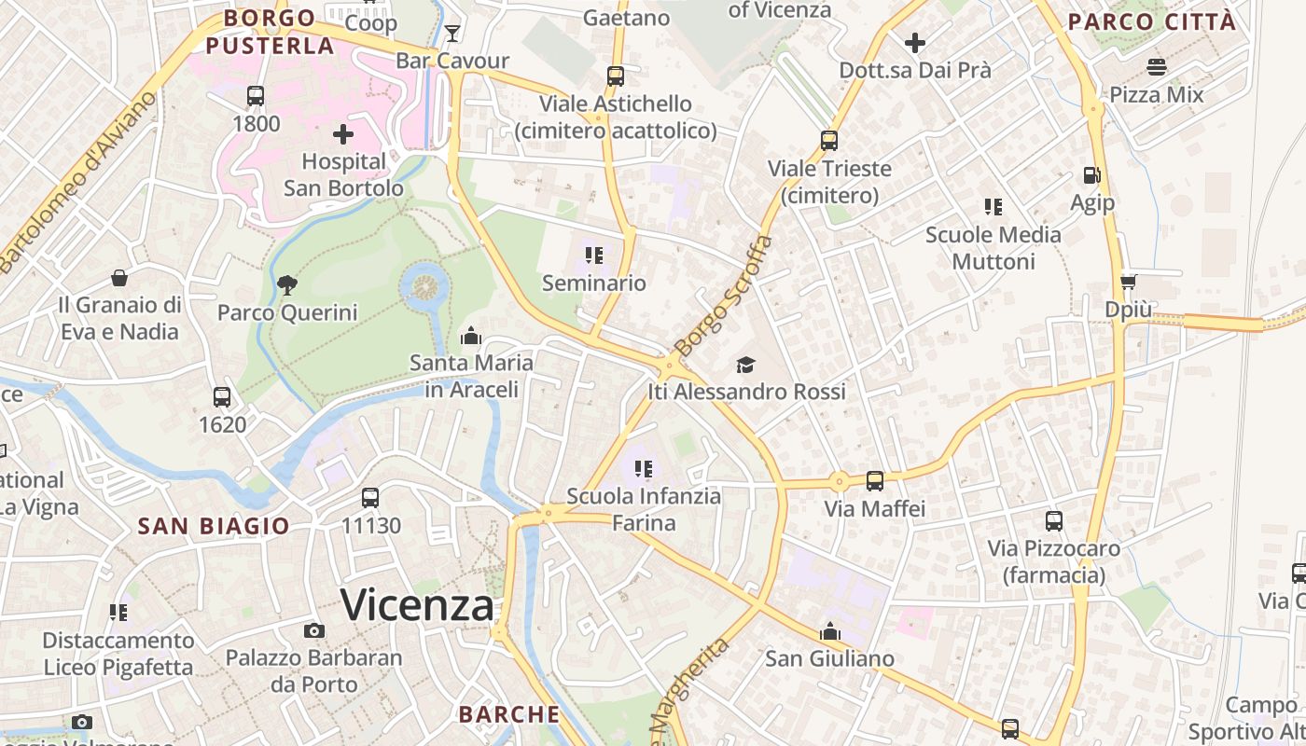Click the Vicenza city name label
pos(417,606)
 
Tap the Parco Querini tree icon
pos(287,284)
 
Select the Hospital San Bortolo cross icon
pos(343,134)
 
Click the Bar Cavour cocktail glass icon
pos(452,34)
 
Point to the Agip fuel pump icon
pos(1091,174)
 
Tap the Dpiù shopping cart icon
pos(1128,282)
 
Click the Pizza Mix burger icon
pos(1157,67)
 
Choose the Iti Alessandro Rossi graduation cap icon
pos(745,365)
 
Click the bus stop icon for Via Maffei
pos(874,481)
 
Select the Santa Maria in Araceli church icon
pos(471,335)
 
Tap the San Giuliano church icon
pos(829,631)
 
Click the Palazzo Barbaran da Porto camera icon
pos(314,630)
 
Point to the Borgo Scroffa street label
pos(724,296)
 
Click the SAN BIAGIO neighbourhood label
pos(214,526)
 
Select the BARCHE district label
pos(509,714)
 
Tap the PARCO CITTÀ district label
pos(1152,21)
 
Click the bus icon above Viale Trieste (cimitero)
pos(829,141)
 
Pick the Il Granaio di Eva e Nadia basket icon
pos(119,278)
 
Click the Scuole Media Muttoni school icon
pos(993,206)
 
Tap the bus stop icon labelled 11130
pos(370,498)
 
